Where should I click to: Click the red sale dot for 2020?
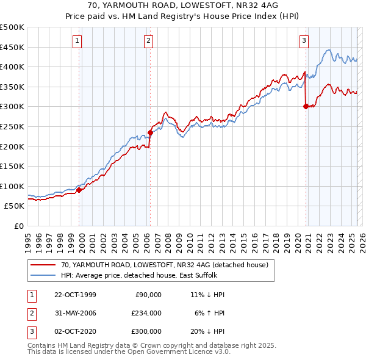coord(306,106)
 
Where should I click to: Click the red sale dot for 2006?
coord(149,132)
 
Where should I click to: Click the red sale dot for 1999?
coord(79,190)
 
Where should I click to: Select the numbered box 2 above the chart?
coord(148,41)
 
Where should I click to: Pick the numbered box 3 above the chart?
coord(304,41)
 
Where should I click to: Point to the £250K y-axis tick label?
coord(12,126)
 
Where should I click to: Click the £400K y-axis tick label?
coord(12,67)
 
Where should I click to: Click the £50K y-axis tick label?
coord(15,206)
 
